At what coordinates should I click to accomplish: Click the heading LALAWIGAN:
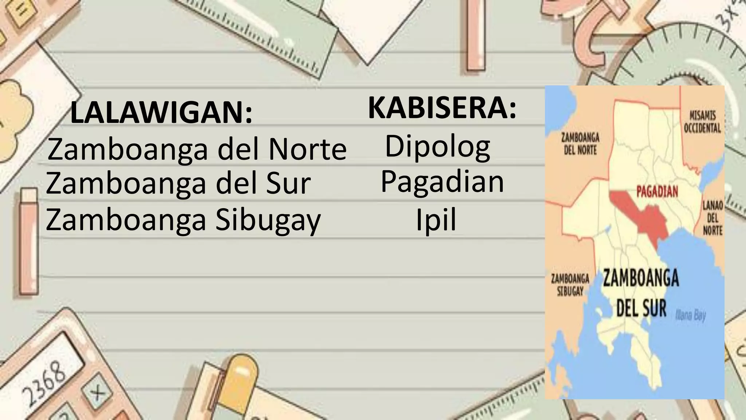(x=161, y=113)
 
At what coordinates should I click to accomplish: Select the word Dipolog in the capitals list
(x=437, y=147)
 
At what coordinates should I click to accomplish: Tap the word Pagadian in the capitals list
(x=442, y=182)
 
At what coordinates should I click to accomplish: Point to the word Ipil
(x=436, y=220)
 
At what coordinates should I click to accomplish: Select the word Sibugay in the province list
(x=268, y=220)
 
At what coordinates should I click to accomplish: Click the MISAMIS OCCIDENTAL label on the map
(x=702, y=122)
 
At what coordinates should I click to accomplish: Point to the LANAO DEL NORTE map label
(x=712, y=218)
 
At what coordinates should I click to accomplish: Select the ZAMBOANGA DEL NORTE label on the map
(x=580, y=144)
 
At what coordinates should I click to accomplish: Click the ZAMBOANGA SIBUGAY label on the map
(x=570, y=284)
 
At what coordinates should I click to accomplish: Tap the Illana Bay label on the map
(x=690, y=315)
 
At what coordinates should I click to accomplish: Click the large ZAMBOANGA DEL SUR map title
(x=641, y=293)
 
